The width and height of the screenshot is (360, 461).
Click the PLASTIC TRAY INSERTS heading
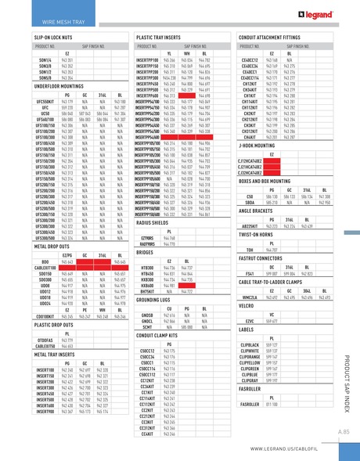161,37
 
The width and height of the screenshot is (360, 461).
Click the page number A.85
343,431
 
